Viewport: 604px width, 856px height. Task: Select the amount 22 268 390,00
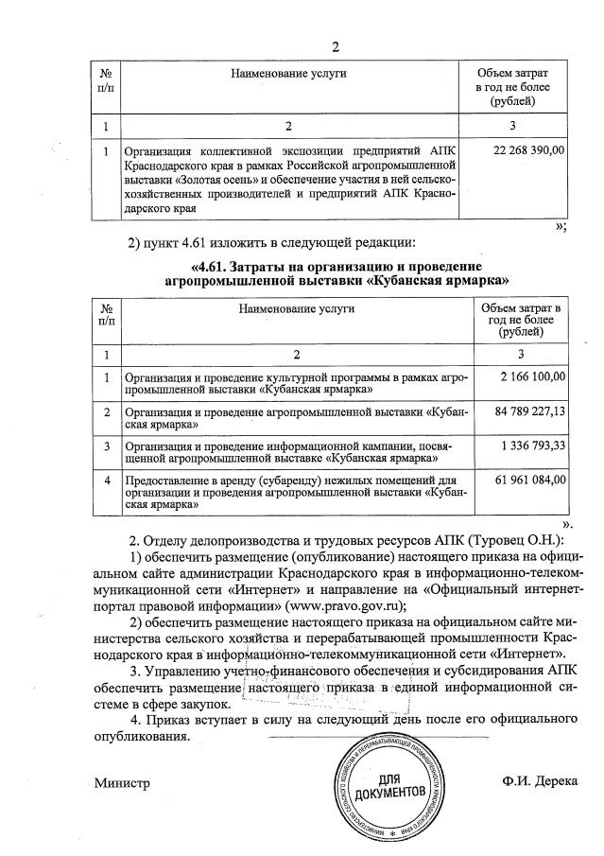(x=529, y=150)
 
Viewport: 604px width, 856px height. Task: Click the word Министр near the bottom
(x=122, y=782)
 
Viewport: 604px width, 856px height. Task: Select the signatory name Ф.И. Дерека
(x=540, y=782)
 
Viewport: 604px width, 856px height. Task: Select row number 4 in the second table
(x=107, y=480)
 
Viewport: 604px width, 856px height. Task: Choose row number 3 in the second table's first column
(x=107, y=445)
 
